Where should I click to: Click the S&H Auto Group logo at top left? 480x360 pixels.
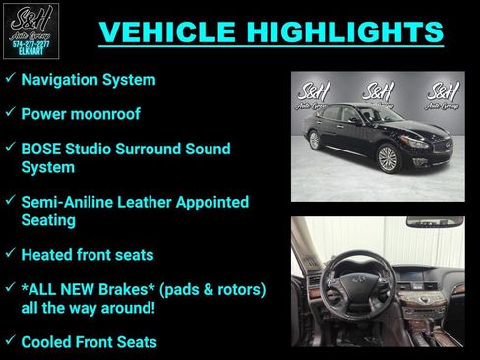tap(31, 30)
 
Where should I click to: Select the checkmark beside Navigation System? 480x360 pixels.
tap(9, 78)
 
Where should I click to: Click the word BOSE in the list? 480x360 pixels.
tap(42, 150)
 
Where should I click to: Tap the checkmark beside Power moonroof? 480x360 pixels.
tap(9, 113)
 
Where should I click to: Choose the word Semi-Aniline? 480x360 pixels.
tap(69, 202)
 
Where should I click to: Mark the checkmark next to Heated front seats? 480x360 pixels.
tap(9, 254)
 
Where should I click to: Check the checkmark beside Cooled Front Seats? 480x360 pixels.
tap(9, 341)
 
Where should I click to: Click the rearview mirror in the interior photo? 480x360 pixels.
tap(435, 223)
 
